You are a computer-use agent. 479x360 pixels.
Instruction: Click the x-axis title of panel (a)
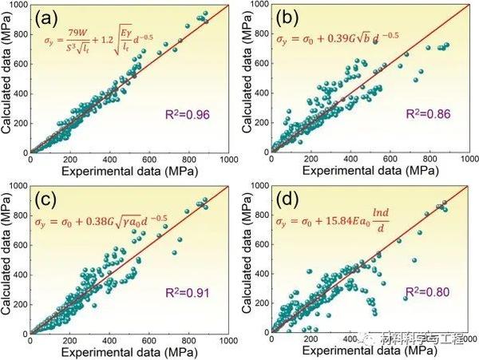(x=129, y=170)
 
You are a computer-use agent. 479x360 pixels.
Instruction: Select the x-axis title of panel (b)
(x=366, y=170)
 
